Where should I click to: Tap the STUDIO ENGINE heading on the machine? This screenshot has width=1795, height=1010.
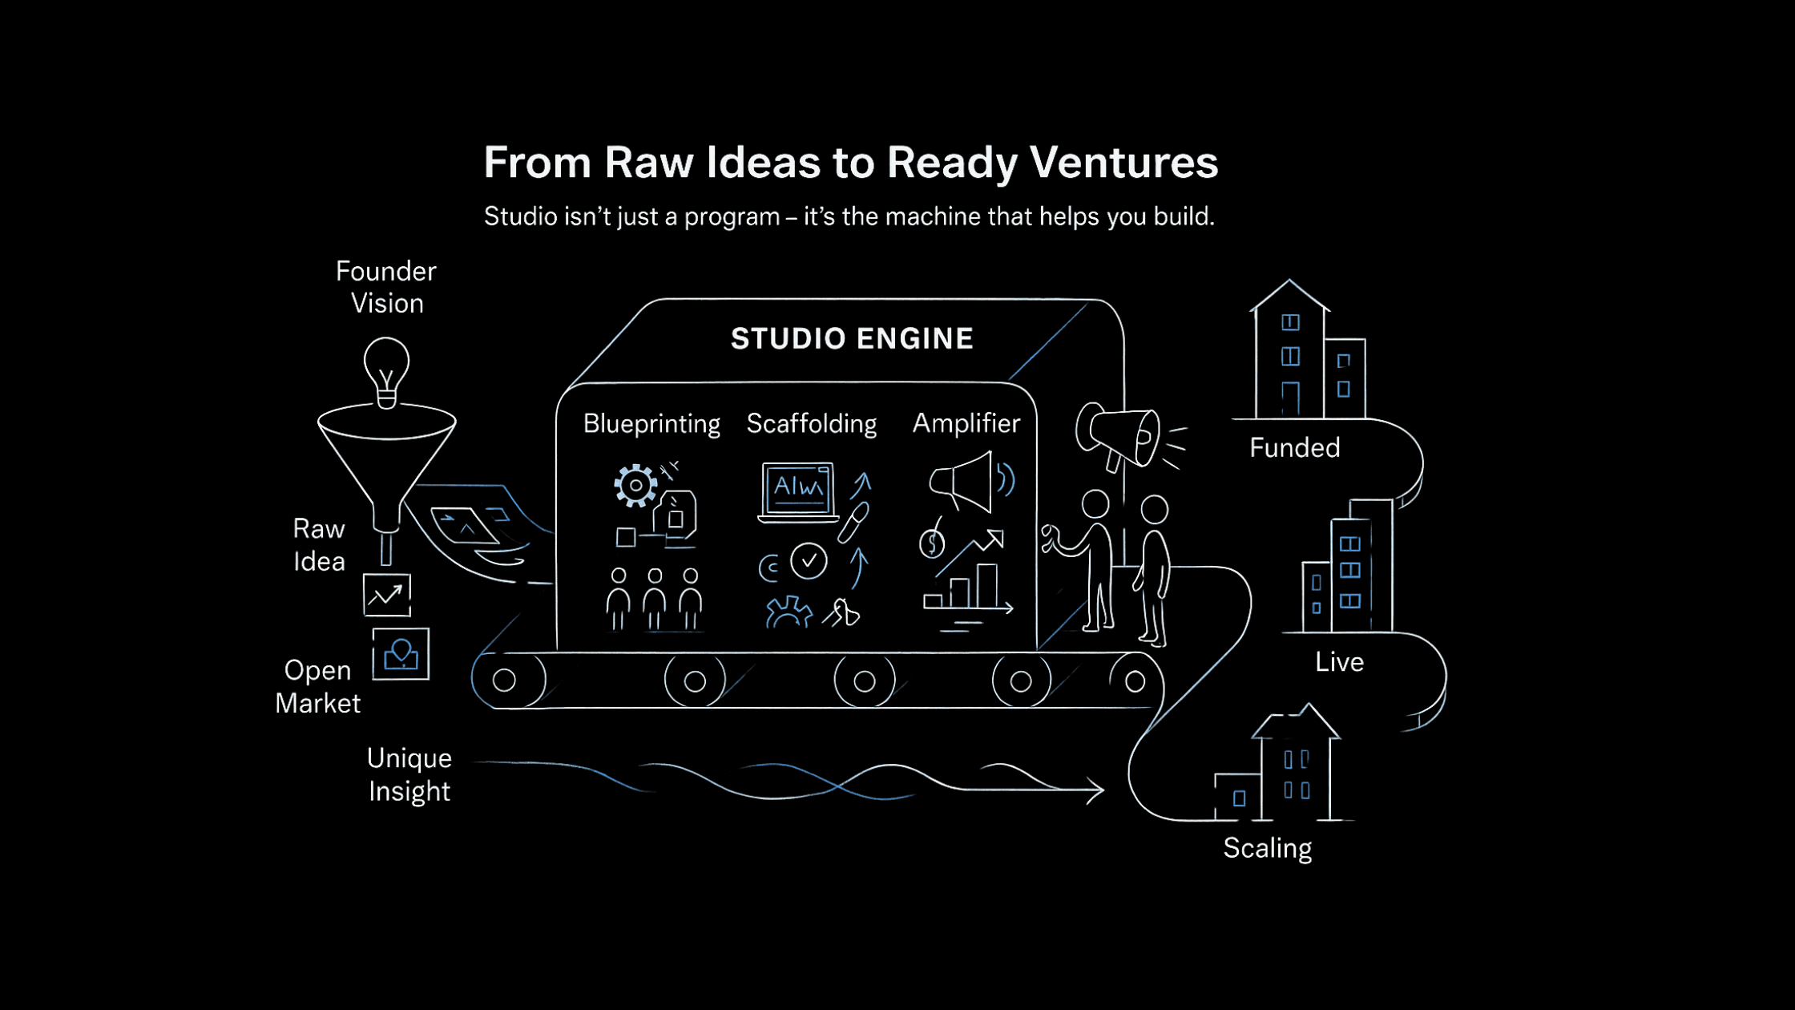pos(852,339)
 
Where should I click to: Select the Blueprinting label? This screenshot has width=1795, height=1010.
pos(651,423)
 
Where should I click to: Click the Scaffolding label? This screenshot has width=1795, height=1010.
pos(811,423)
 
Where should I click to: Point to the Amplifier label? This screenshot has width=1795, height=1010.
pos(966,423)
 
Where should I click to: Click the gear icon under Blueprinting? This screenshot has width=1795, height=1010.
pos(635,485)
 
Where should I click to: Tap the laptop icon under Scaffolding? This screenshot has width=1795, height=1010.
pos(797,491)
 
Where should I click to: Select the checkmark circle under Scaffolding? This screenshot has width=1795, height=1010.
pos(809,561)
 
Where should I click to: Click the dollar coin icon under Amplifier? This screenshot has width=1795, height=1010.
pos(932,544)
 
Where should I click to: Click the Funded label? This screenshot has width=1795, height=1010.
pos(1294,447)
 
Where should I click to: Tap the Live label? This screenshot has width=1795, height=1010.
pos(1339,662)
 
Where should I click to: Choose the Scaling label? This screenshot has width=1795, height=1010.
pos(1267,848)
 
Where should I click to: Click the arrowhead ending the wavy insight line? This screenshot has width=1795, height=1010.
pos(1096,790)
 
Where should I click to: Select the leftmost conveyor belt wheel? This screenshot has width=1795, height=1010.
pos(504,681)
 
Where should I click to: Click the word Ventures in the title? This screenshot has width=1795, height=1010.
pos(1123,163)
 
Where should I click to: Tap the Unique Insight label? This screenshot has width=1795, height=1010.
pos(409,774)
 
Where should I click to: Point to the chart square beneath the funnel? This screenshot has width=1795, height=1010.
pos(387,595)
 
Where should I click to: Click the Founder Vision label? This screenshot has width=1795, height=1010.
pos(386,287)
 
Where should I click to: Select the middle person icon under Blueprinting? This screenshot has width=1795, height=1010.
pos(655,600)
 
